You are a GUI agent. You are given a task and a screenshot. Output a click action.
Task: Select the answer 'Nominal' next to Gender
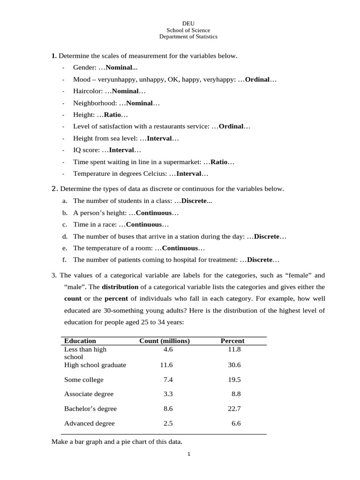(120, 68)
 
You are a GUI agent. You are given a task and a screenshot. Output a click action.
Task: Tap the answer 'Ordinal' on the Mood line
(257, 80)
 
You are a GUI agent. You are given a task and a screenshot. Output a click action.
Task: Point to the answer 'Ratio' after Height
(112, 115)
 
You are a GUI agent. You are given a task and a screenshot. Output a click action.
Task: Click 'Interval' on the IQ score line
(121, 150)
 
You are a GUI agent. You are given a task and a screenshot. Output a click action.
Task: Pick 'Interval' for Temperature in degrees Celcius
(188, 173)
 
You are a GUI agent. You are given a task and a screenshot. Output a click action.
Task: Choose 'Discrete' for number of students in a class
(194, 201)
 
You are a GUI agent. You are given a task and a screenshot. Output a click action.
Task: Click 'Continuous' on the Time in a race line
(144, 225)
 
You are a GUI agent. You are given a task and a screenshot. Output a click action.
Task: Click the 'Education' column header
(80, 341)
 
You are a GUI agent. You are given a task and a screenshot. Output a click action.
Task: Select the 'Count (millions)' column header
(165, 341)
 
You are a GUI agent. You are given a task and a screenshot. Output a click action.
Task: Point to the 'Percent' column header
(232, 341)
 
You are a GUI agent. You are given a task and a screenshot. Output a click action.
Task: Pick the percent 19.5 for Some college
(234, 380)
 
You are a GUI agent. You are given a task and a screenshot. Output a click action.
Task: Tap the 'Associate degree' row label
(89, 394)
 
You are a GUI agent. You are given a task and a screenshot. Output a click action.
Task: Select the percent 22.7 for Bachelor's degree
(234, 409)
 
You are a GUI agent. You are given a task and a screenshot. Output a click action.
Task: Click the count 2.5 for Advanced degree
(168, 423)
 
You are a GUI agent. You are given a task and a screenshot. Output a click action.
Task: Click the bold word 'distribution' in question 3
(120, 287)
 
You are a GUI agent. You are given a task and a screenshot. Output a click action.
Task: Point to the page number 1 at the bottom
(188, 454)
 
